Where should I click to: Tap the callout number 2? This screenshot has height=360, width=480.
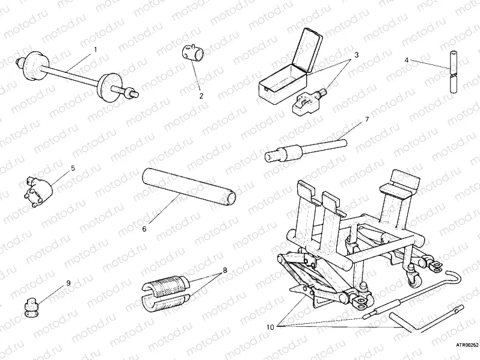click(201, 95)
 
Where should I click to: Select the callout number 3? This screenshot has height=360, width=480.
click(356, 55)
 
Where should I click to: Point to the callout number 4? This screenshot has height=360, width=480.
click(407, 60)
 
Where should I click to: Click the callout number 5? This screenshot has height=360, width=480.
click(73, 169)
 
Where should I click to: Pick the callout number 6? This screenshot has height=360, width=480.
click(144, 229)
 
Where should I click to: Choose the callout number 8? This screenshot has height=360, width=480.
click(224, 270)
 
